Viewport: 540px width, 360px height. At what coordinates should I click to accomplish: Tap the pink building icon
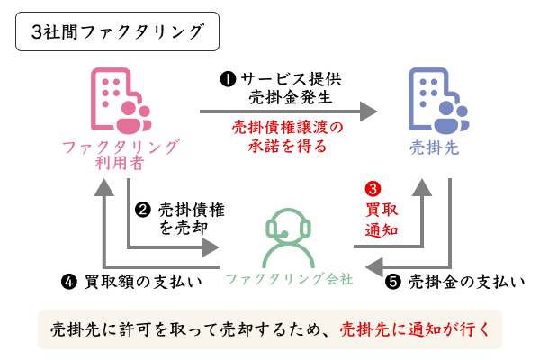pyautogui.click(x=118, y=101)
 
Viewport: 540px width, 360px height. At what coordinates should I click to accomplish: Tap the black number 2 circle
pyautogui.click(x=142, y=210)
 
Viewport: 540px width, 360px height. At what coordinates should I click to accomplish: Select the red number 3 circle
pyautogui.click(x=372, y=190)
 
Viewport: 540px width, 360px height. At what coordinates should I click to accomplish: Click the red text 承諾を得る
pyautogui.click(x=282, y=145)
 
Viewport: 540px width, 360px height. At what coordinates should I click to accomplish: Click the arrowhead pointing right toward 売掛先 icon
pyautogui.click(x=366, y=112)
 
